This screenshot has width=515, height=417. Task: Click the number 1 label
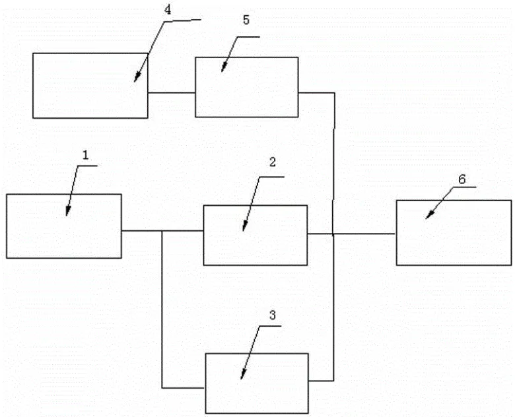tap(85, 154)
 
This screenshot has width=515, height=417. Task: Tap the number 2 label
tap(272, 162)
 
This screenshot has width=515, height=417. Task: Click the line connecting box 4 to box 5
tap(171, 93)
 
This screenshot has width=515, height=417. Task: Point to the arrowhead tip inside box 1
tap(67, 214)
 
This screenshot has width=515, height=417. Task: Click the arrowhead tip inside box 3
tap(242, 378)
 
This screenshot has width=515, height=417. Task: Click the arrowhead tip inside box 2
tap(244, 230)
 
